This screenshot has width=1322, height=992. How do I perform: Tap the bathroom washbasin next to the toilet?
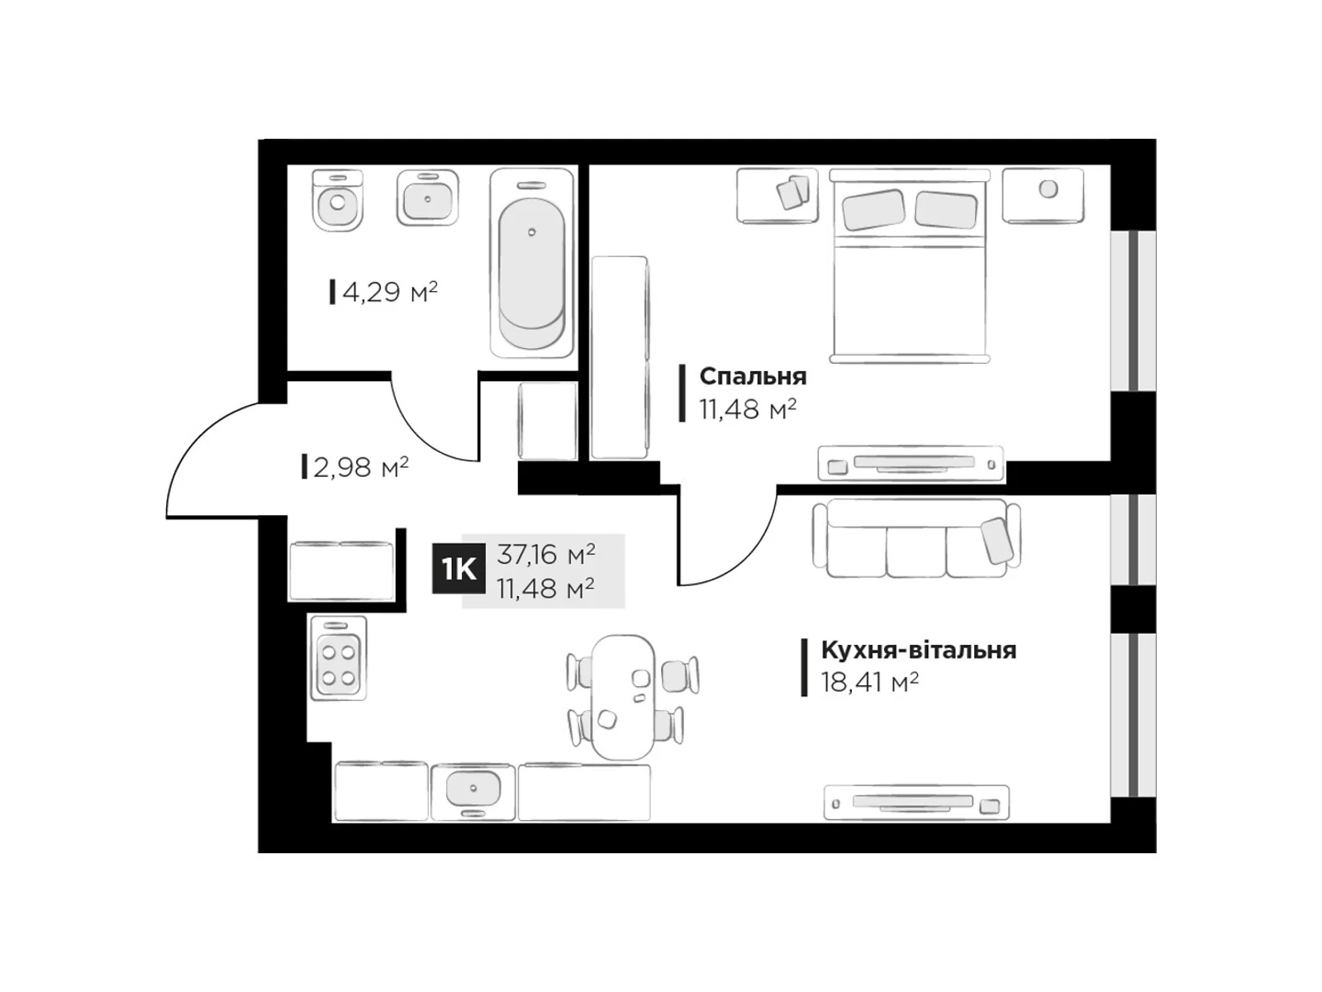click(x=427, y=198)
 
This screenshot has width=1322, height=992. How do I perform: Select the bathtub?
click(x=531, y=263)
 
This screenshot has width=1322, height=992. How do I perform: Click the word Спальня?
click(x=752, y=376)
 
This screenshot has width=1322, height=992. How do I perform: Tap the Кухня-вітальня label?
click(x=918, y=650)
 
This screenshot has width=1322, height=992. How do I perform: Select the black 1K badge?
click(x=459, y=569)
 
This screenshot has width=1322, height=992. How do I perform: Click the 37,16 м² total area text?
click(x=545, y=553)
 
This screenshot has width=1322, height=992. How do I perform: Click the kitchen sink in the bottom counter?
click(x=473, y=790)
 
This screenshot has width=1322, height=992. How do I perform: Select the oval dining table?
click(x=623, y=696)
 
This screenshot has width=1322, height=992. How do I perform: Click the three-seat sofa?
click(x=915, y=538)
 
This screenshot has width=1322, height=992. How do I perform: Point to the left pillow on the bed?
click(x=873, y=209)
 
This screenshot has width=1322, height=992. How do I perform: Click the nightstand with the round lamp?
click(x=1043, y=195)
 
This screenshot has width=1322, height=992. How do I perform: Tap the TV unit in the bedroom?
click(x=911, y=463)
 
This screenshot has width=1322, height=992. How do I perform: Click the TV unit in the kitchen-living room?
click(x=916, y=802)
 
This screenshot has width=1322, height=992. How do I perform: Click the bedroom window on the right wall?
click(x=1133, y=310)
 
